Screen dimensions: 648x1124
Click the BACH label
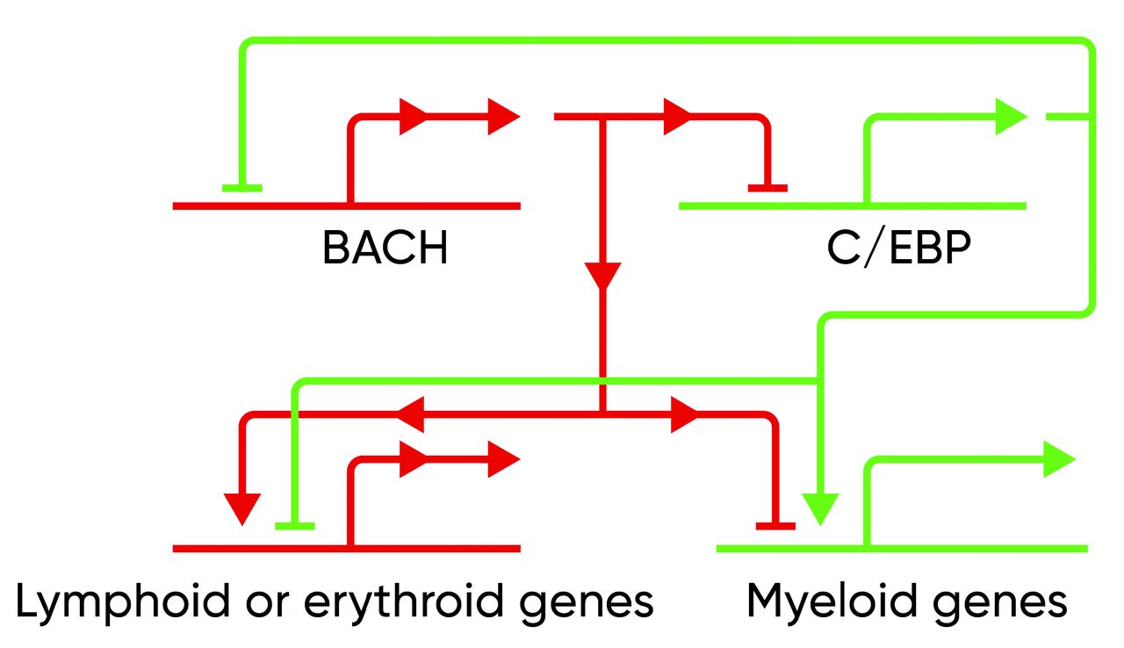[385, 248]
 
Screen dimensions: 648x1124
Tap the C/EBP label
[898, 248]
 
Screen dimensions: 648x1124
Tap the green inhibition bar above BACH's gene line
[241, 187]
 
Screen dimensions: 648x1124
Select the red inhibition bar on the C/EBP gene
[767, 187]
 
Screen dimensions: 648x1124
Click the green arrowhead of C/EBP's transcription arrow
[1011, 117]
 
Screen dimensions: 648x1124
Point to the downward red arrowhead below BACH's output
[602, 275]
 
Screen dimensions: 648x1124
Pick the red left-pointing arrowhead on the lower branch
[411, 414]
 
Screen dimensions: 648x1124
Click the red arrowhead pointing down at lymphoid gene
[241, 508]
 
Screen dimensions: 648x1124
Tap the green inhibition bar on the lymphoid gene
[294, 526]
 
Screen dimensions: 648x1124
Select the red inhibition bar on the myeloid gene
[775, 526]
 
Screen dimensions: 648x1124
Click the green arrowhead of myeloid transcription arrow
[1059, 459]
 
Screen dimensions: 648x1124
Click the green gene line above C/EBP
[852, 206]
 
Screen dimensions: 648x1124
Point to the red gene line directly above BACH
[346, 206]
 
